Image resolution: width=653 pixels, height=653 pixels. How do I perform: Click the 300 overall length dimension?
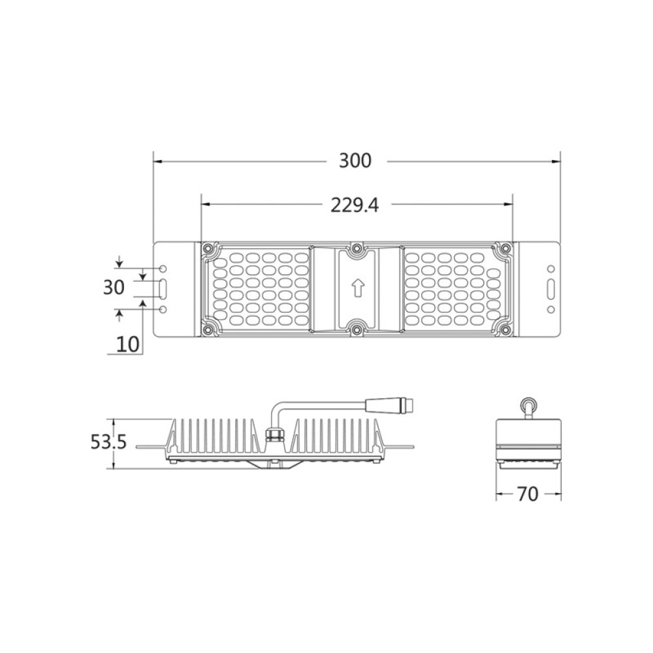355,161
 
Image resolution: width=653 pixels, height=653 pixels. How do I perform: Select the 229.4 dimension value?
355,205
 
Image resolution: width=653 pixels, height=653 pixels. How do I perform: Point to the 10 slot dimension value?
128,344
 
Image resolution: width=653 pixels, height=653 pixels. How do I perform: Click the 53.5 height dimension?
108,443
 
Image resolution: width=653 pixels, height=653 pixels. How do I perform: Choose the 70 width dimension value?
528,494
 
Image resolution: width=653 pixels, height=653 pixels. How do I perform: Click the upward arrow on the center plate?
356,287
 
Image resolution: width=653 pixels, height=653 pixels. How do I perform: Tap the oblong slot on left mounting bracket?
163,288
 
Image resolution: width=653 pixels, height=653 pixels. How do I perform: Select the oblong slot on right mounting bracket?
550,289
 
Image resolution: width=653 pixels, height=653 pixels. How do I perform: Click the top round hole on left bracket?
163,268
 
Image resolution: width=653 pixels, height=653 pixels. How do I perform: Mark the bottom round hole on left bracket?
163,309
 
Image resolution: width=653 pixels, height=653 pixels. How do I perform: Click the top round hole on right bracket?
550,268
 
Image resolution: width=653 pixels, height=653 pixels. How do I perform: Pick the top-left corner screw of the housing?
208,249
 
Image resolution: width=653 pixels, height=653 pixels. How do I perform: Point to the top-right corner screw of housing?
504,249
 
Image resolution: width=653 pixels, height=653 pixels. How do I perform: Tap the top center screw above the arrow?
356,249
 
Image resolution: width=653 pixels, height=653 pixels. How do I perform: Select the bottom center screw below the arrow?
356,328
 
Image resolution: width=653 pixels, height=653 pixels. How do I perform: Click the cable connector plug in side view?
392,405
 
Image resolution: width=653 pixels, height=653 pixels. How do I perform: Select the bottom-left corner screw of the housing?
208,328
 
